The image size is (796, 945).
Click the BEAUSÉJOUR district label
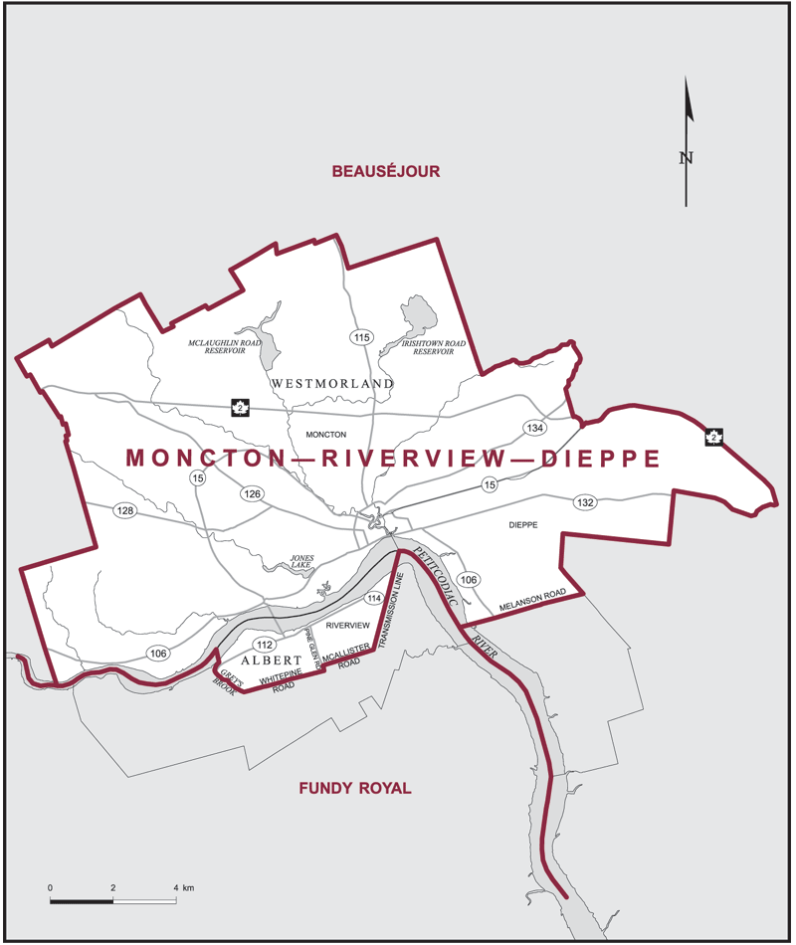point(385,172)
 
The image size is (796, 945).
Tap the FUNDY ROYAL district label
point(355,789)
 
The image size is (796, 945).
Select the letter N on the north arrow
point(686,157)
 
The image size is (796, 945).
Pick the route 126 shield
point(253,494)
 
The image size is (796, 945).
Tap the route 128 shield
point(124,511)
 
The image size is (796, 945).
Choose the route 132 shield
point(584,502)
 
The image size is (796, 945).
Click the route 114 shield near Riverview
point(373,598)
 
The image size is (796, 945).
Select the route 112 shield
point(264,644)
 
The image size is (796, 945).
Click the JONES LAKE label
point(300,562)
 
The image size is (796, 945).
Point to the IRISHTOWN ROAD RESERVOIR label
point(434,346)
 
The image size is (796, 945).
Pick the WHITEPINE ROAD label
point(280,681)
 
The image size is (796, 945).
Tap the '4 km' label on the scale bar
point(184,887)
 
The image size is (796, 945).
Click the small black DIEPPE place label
point(522,525)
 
